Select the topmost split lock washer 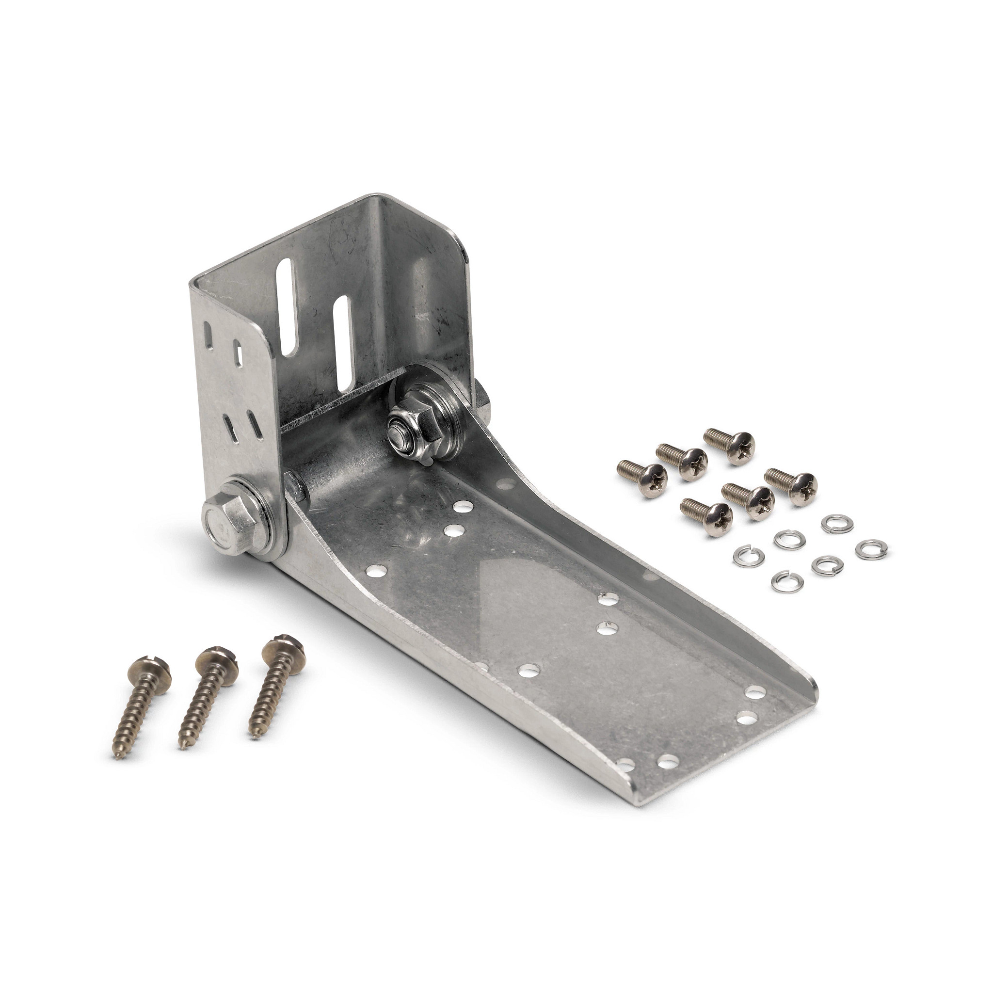pos(833,523)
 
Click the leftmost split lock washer pos(745,557)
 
